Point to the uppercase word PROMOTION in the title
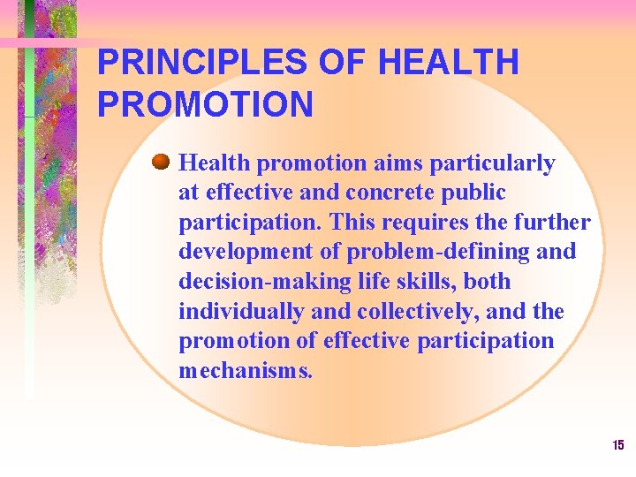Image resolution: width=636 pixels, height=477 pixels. pyautogui.click(x=205, y=105)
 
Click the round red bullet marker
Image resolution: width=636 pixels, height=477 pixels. pyautogui.click(x=160, y=163)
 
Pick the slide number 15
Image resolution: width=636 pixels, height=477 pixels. pyautogui.click(x=617, y=445)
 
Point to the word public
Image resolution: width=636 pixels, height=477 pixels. pyautogui.click(x=477, y=193)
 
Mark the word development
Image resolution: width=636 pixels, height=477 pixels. pyautogui.click(x=238, y=252)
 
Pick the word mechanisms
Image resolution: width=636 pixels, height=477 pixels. pyautogui.click(x=245, y=371)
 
